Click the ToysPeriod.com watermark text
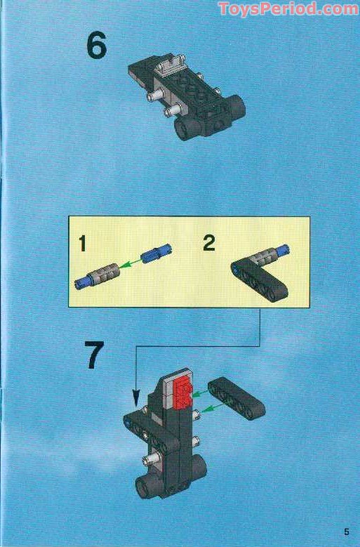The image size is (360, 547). click(288, 9)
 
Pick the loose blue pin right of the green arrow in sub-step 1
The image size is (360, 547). click(154, 255)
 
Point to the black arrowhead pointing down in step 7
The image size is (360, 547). click(135, 402)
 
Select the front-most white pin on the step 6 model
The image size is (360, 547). click(170, 111)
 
